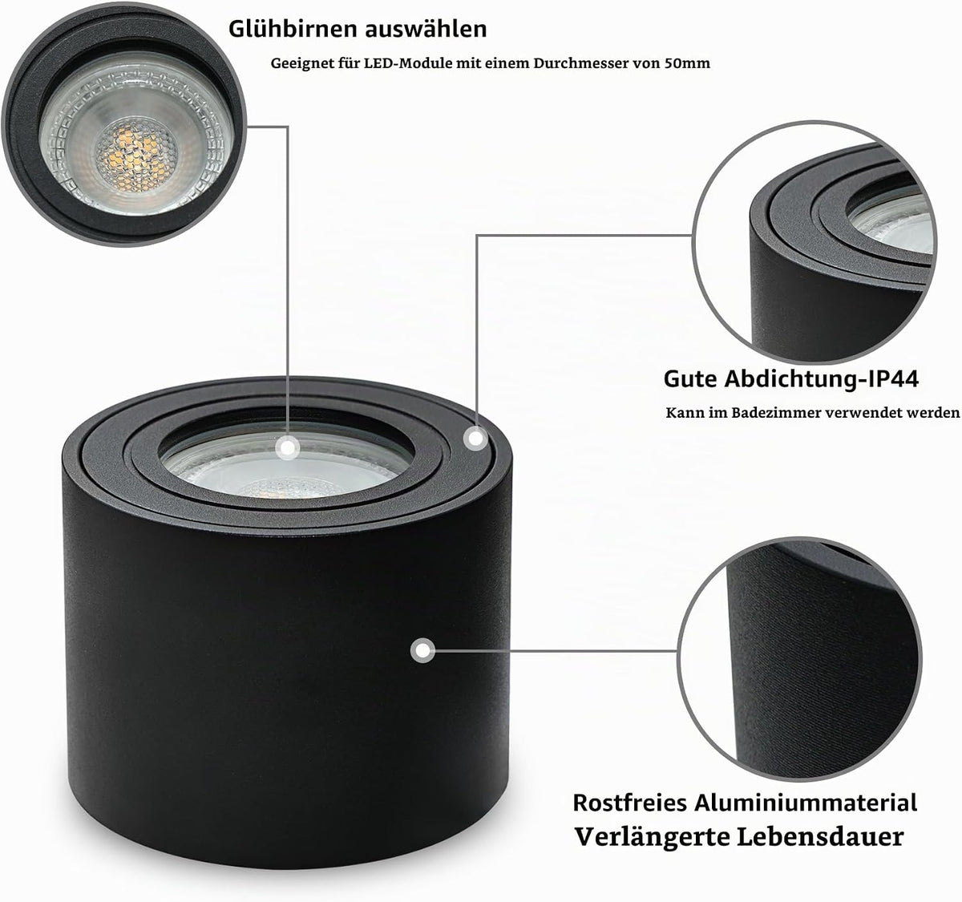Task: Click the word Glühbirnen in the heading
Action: pyautogui.click(x=293, y=29)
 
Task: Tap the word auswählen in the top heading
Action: pyautogui.click(x=426, y=29)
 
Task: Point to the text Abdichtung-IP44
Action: pyautogui.click(x=821, y=379)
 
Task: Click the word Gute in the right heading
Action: pyautogui.click(x=691, y=379)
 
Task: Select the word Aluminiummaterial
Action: pyautogui.click(x=806, y=803)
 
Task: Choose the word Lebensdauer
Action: pyautogui.click(x=820, y=837)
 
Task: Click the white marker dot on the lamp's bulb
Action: pyautogui.click(x=289, y=447)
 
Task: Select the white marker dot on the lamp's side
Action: pyautogui.click(x=422, y=651)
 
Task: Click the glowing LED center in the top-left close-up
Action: pyautogui.click(x=136, y=155)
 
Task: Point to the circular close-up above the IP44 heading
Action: pyautogui.click(x=814, y=242)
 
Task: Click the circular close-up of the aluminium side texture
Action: pyautogui.click(x=799, y=659)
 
